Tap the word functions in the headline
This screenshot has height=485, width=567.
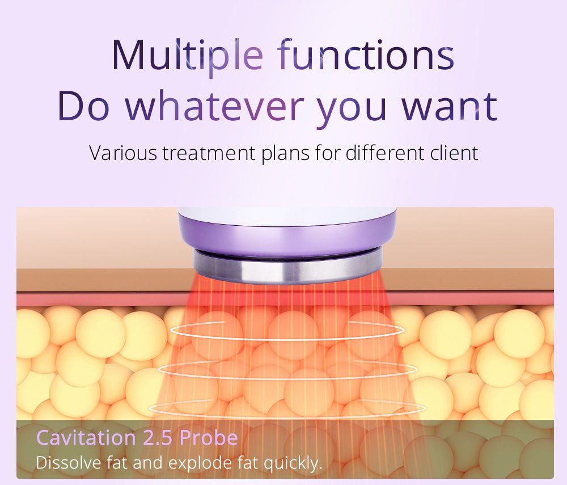[367, 54]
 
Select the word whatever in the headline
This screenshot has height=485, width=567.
[215, 106]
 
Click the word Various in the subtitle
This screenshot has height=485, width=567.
[123, 153]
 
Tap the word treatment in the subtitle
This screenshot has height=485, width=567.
[209, 153]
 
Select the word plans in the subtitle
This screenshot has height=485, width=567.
[285, 154]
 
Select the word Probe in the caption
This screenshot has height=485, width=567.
[209, 437]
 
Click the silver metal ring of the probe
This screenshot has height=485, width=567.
[287, 267]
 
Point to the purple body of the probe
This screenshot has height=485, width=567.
[287, 238]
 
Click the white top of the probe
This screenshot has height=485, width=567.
[287, 216]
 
